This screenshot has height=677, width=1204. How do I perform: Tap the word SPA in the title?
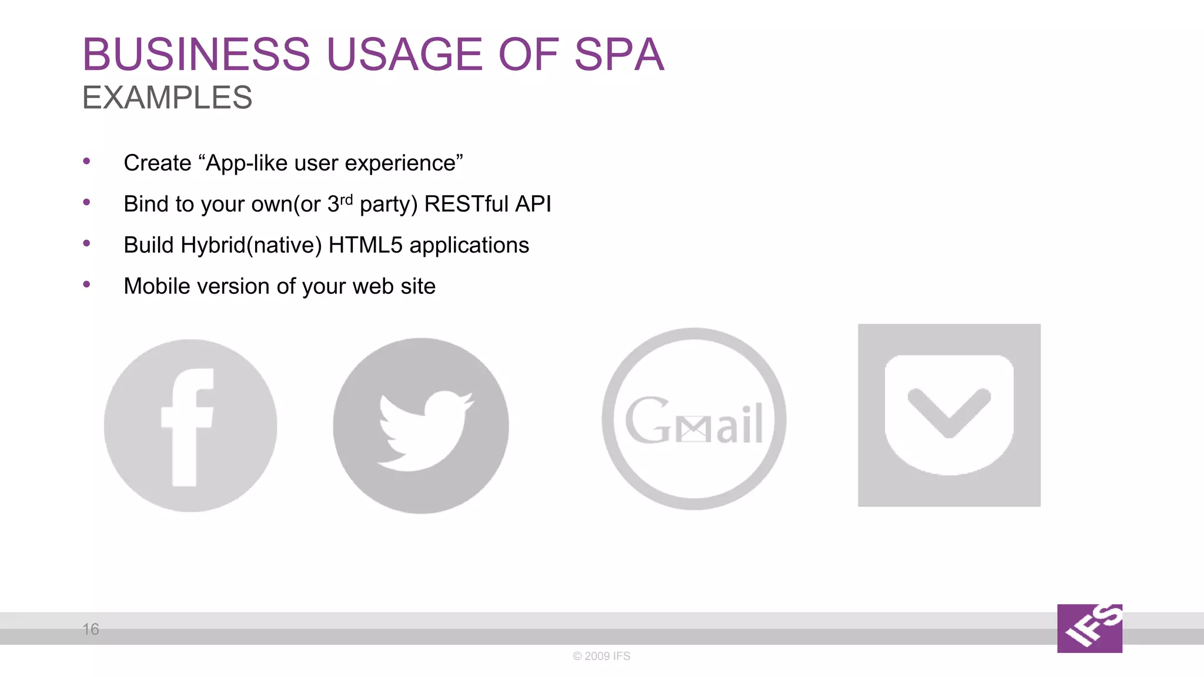[618, 55]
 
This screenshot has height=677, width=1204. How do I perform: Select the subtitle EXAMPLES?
[167, 98]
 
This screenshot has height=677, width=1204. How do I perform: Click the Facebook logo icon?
[190, 425]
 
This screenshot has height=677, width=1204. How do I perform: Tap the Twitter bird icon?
[421, 425]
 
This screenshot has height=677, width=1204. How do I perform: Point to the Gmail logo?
[694, 419]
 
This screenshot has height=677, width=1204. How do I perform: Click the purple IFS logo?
[1089, 628]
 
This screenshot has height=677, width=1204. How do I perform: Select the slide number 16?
[91, 629]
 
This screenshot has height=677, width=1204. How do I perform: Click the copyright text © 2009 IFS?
[601, 656]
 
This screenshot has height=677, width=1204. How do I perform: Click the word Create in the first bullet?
[158, 163]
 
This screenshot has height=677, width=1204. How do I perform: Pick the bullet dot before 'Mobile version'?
[87, 284]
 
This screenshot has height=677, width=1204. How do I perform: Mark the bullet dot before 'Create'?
[87, 161]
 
